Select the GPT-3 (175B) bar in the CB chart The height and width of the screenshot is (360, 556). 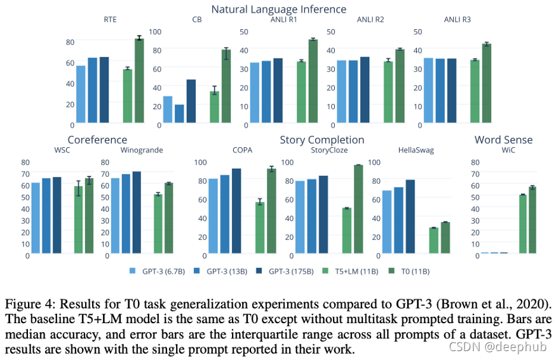(191, 101)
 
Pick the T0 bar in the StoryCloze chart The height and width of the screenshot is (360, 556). (358, 210)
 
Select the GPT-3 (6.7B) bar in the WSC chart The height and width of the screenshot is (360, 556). (36, 219)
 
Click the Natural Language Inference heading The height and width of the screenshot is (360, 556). (279, 9)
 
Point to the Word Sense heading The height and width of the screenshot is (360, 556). (503, 140)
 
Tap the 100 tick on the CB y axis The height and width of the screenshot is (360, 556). (154, 31)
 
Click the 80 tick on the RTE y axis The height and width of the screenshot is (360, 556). (70, 42)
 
